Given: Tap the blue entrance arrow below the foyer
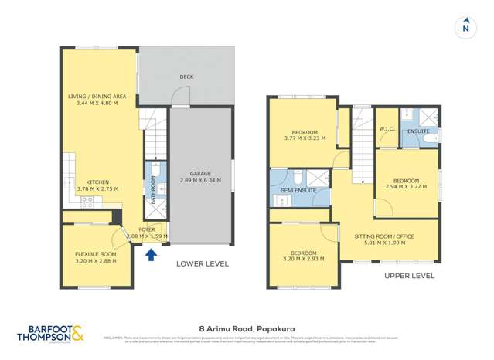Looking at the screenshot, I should point(152,253).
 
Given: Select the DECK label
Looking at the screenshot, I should point(186,76).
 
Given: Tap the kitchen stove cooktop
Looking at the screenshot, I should point(87,199).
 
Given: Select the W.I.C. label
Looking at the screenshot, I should point(387,130).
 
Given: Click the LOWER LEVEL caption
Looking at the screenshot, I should point(202,263).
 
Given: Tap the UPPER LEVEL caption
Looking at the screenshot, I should point(409,275).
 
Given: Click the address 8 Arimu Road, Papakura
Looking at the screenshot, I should point(246,328).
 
